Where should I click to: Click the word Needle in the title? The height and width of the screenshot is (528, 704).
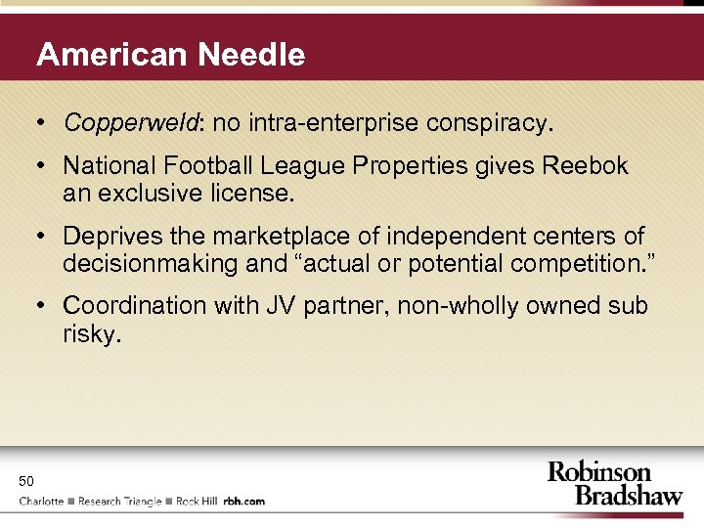point(251,55)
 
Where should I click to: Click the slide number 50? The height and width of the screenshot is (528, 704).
point(25,480)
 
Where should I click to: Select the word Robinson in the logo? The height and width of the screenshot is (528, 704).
point(599,472)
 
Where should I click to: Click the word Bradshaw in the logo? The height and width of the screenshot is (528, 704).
point(629,495)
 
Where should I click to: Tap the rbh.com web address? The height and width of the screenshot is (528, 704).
point(244,502)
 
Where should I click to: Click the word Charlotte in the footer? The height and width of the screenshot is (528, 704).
point(42,502)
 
